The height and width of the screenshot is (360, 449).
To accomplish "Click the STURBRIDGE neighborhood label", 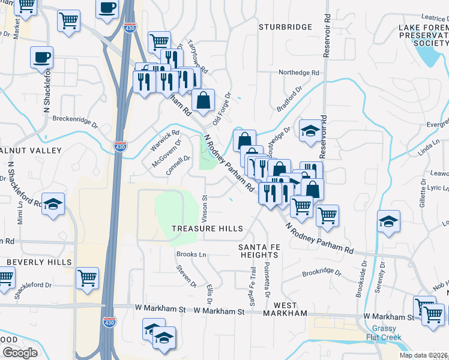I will [x=286, y=27].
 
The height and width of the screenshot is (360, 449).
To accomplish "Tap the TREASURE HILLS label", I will [x=207, y=229].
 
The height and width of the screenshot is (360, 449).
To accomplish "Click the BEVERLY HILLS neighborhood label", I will [x=40, y=262].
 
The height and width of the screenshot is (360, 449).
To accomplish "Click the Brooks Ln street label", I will [x=191, y=254].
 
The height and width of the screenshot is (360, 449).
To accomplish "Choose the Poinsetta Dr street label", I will [x=267, y=281].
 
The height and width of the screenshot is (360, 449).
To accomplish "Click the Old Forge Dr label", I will [x=221, y=108].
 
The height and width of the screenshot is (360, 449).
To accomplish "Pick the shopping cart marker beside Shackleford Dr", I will [x=88, y=278].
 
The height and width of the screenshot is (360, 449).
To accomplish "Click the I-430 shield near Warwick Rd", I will [x=119, y=146].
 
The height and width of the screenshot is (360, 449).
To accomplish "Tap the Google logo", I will [x=20, y=353].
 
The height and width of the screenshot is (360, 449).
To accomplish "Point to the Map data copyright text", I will [x=424, y=355].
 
